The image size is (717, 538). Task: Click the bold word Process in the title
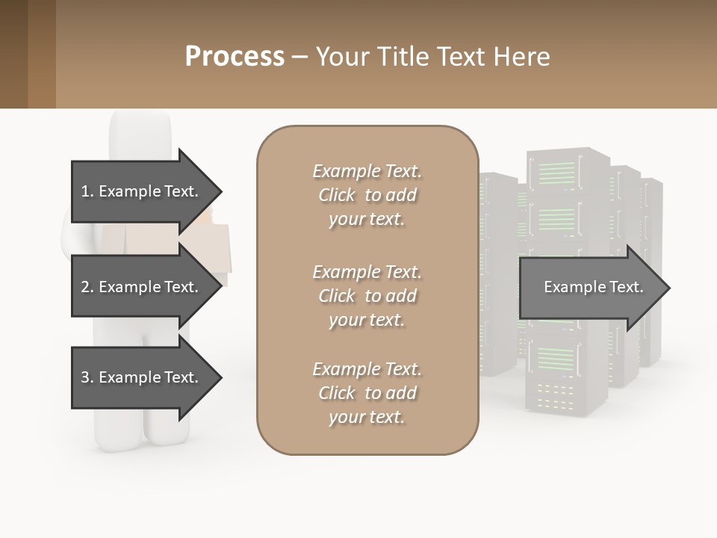[x=235, y=57]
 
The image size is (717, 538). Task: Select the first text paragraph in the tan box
[x=367, y=195]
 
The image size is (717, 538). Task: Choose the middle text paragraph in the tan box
[x=367, y=296]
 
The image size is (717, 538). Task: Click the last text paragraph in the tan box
[x=367, y=393]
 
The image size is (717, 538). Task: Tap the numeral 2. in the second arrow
[x=87, y=287]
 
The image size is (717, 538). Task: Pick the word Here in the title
[x=523, y=57]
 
